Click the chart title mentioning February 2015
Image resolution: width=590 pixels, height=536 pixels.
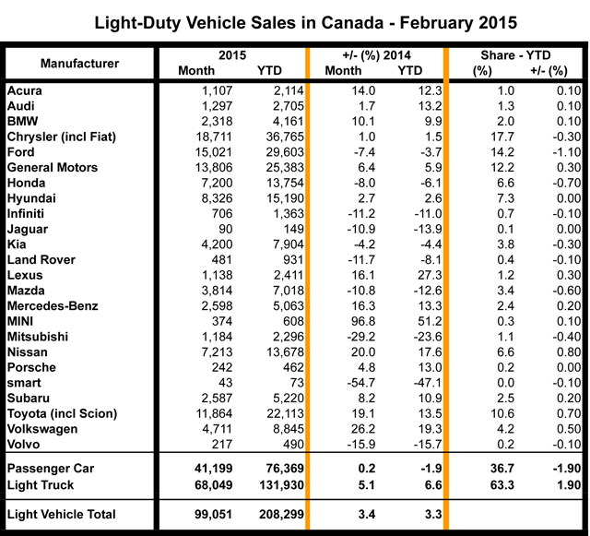tap(294, 20)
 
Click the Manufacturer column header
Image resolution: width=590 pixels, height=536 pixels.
tap(79, 63)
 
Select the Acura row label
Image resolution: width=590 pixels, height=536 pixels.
tap(24, 89)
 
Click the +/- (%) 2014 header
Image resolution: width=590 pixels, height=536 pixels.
tap(377, 54)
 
